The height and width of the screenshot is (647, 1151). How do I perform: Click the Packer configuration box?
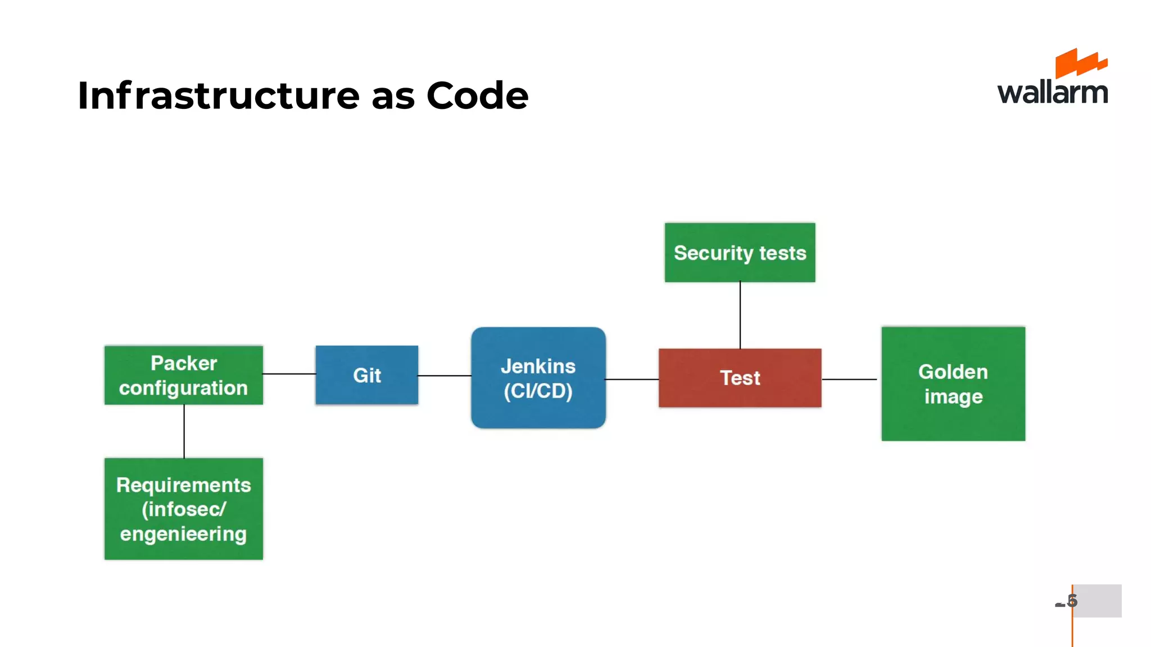click(x=183, y=375)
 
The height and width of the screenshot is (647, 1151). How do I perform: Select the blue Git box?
click(x=366, y=375)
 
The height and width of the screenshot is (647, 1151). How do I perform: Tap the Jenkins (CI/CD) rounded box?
click(x=538, y=378)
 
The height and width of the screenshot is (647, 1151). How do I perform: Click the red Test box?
click(x=740, y=378)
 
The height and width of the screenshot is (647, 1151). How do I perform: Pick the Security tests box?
click(x=740, y=253)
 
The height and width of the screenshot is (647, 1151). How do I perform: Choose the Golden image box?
click(x=953, y=384)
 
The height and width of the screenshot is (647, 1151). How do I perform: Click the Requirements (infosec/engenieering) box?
click(x=183, y=509)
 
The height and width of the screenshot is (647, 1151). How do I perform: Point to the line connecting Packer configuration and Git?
click(x=289, y=373)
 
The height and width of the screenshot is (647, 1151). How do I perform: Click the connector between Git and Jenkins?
click(x=444, y=376)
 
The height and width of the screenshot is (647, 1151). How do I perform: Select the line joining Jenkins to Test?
click(x=632, y=380)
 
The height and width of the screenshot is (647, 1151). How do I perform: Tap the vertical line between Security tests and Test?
click(x=740, y=315)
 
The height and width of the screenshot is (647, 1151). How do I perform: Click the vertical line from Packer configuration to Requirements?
click(x=184, y=431)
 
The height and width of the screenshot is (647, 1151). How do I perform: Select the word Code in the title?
click(x=477, y=95)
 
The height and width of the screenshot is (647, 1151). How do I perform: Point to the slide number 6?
click(x=1072, y=601)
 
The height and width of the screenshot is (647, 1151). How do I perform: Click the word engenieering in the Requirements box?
click(x=183, y=534)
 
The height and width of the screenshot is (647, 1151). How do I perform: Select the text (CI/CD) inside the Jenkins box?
click(x=538, y=391)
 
